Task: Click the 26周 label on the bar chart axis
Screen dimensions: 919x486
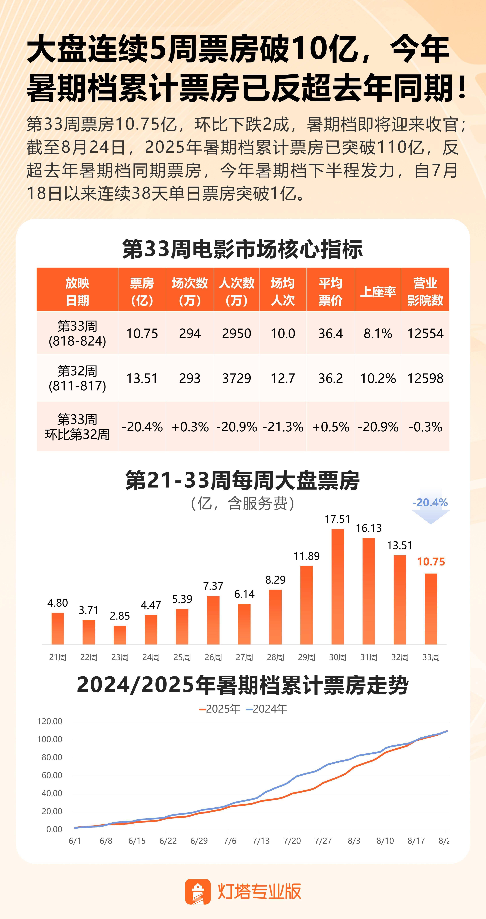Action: click(213, 657)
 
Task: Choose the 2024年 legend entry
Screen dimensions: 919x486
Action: click(267, 709)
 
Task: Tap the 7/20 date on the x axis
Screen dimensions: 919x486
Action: click(292, 841)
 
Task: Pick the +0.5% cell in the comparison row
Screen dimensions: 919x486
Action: click(331, 427)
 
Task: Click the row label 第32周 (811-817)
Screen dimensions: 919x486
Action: click(77, 378)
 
